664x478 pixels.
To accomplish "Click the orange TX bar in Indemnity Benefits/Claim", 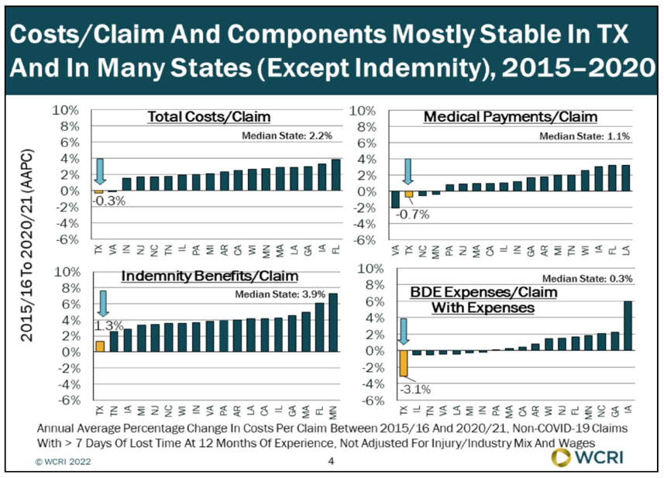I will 99,346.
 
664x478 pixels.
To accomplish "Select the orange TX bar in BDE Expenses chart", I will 403,363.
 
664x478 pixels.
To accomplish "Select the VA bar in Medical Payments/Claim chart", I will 395,200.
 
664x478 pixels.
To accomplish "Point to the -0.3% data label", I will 110,204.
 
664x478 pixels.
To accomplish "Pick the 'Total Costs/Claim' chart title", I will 209,118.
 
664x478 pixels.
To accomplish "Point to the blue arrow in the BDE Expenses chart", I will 403,331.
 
